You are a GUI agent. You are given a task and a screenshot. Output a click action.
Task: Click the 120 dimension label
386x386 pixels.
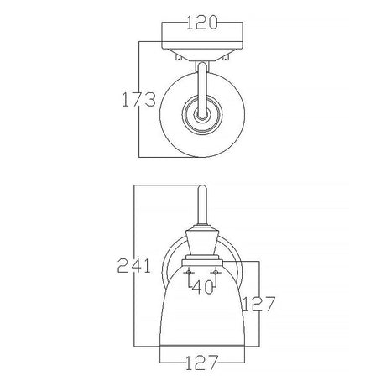tap(201, 23)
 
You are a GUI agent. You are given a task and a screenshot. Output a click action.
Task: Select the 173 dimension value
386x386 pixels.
tap(138, 99)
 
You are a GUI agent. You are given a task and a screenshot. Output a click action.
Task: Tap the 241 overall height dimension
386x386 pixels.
tap(133, 265)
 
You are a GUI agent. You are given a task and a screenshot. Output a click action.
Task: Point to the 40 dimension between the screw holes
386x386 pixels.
tap(202, 287)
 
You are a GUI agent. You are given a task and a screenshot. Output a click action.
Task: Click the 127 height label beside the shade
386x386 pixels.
tap(259, 304)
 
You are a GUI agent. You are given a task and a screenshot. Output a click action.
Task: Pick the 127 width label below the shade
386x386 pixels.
tap(201, 363)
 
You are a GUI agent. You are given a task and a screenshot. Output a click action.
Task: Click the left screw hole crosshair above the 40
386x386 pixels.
tap(189, 272)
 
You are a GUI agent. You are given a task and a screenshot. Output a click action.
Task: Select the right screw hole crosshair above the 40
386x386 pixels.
tap(216, 272)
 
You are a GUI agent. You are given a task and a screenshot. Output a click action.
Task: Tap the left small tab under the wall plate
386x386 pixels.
tap(178, 57)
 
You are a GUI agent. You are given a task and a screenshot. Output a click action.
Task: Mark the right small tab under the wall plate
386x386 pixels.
tap(226, 57)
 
